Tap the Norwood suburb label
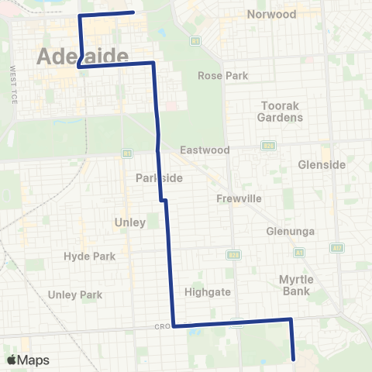[x=271, y=15]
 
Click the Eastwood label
[x=205, y=150]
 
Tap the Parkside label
[x=159, y=178]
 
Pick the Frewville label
[x=239, y=198]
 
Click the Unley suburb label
[x=130, y=222]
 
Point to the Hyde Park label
[x=89, y=257]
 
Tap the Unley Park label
[x=75, y=294]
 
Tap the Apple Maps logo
[x=26, y=360]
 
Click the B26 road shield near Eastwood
[x=269, y=144]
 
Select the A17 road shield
[x=337, y=247]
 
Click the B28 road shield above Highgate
[x=232, y=253]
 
